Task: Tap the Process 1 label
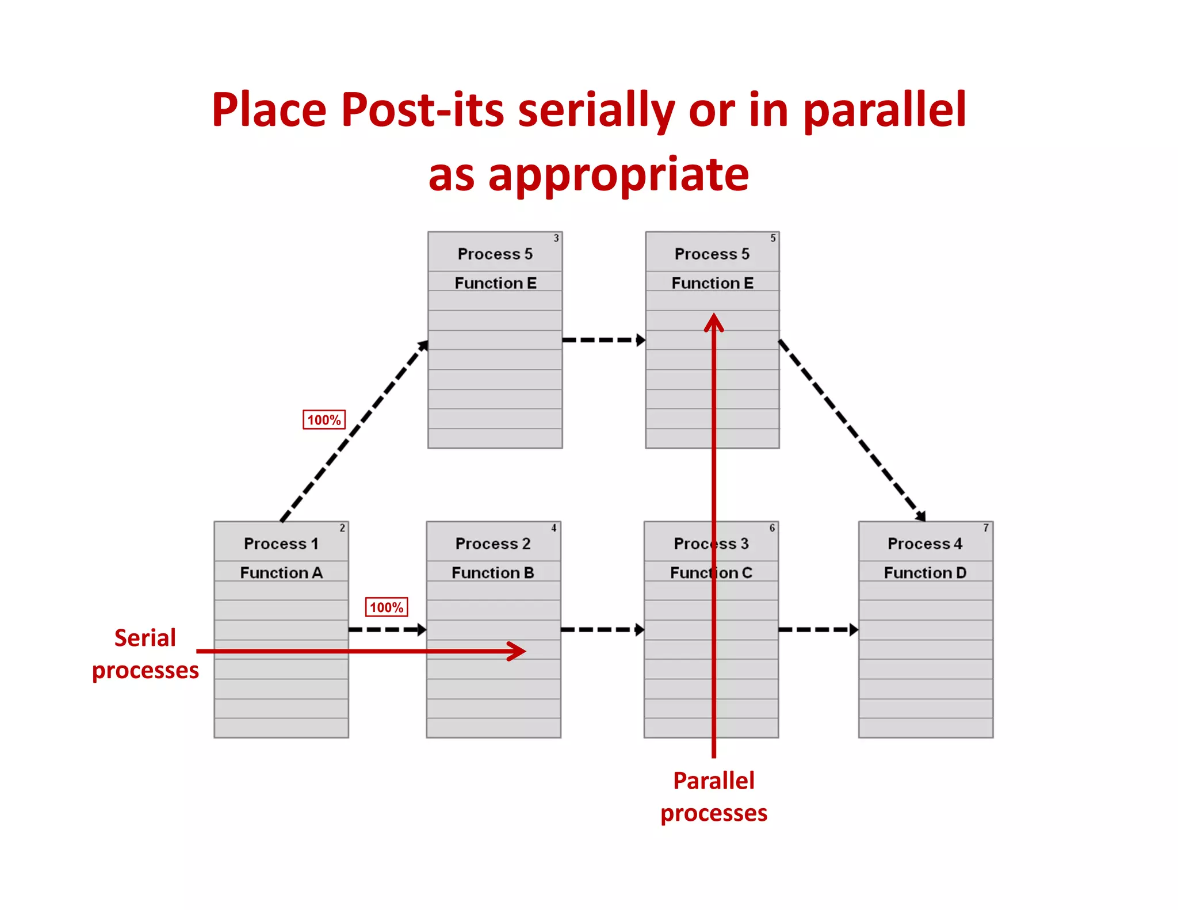coord(281,544)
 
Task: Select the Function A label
coord(281,573)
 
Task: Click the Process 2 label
coord(493,544)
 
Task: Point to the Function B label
coord(493,573)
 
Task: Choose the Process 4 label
coord(925,544)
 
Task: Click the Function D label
coord(925,573)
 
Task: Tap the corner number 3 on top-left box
coord(556,238)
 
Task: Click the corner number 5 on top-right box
coord(773,238)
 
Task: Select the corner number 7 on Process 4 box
coord(986,528)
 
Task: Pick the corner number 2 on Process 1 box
coord(342,528)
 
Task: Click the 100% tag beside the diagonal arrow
coord(324,420)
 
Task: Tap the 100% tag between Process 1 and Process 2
coord(387,607)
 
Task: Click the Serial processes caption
coord(146,654)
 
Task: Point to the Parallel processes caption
coord(714,797)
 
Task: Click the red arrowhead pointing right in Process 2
coord(518,651)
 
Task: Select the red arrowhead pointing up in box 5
coord(714,322)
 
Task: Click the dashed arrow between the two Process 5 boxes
coord(603,340)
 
